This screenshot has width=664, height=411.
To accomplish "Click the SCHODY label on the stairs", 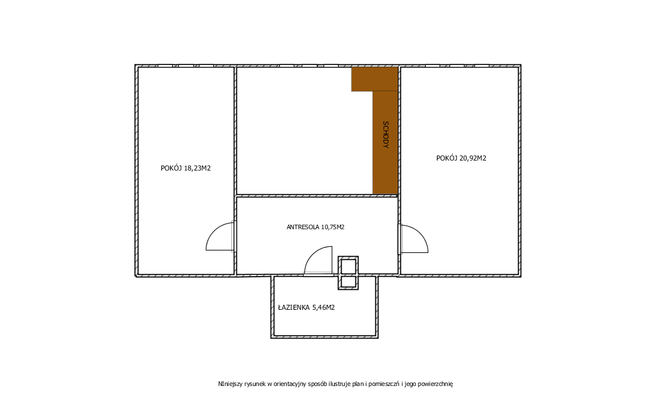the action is point(385,134).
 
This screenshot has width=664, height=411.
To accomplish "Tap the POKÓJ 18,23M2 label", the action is point(185,168).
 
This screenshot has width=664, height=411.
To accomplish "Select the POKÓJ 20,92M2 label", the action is point(461,158).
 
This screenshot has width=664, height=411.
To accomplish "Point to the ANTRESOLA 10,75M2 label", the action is point(315,227).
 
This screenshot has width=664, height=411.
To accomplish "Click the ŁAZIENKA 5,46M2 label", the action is point(307,307).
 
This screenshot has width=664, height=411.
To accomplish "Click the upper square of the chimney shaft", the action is point(348,266).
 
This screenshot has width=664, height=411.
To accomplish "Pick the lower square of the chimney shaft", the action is point(348,282).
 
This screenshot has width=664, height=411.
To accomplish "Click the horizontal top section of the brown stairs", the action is point(374,79).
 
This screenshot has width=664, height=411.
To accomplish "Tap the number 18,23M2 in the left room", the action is point(198,168).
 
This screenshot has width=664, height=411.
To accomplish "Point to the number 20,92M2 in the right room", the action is point(473,158).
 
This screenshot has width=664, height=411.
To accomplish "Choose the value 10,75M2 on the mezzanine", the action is point(333,227).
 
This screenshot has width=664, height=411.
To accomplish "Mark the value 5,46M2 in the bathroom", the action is point(324,307).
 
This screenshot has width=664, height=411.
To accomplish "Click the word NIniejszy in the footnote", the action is point(231,384).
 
